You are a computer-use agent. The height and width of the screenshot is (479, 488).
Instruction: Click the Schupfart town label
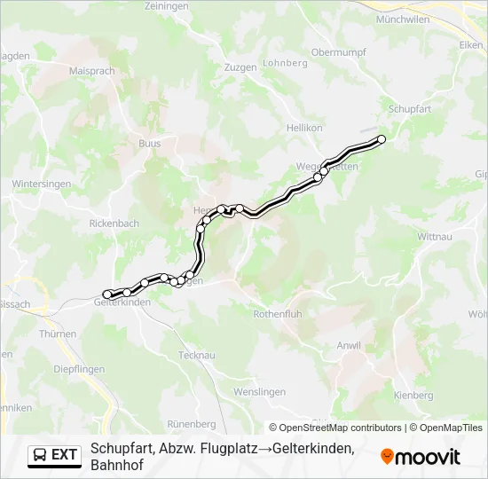409,108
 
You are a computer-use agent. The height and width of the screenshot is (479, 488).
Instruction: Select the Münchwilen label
403,19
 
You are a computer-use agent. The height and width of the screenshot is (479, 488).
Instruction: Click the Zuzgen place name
240,67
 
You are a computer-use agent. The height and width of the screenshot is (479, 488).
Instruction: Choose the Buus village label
150,143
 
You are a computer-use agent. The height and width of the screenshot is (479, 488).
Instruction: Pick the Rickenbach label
114,224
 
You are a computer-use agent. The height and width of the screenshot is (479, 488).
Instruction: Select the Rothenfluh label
279,314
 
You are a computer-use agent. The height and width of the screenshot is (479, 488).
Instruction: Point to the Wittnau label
436,237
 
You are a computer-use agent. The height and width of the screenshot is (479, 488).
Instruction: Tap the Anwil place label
349,346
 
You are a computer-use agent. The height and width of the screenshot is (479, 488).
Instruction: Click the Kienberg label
413,395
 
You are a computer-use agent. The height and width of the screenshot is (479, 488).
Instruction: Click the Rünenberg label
192,424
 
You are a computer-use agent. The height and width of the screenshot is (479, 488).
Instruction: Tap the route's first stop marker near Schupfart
382,138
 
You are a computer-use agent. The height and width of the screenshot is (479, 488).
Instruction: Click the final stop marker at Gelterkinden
107,294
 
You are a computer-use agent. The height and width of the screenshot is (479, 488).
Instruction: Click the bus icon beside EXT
40,455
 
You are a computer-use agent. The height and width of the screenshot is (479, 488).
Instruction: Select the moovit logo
421,457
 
